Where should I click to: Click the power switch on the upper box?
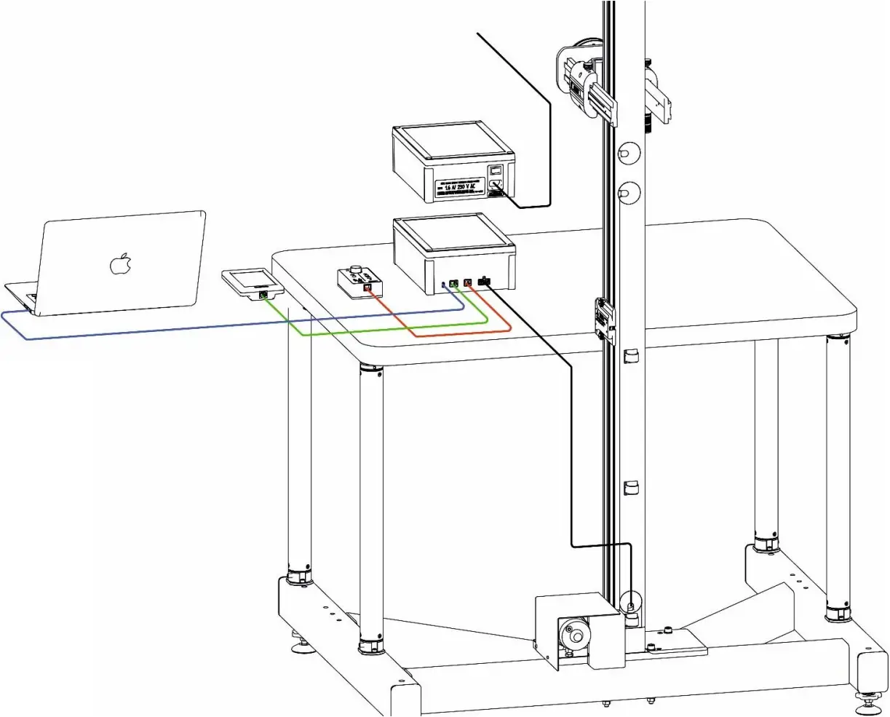click(495, 171)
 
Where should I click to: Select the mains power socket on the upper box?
click(496, 186)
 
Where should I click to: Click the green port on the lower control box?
click(453, 283)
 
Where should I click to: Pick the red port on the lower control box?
click(468, 282)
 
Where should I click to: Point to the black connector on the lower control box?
click(484, 282)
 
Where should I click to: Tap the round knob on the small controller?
click(356, 272)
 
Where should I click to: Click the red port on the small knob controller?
click(367, 288)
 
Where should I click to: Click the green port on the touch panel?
click(262, 295)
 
